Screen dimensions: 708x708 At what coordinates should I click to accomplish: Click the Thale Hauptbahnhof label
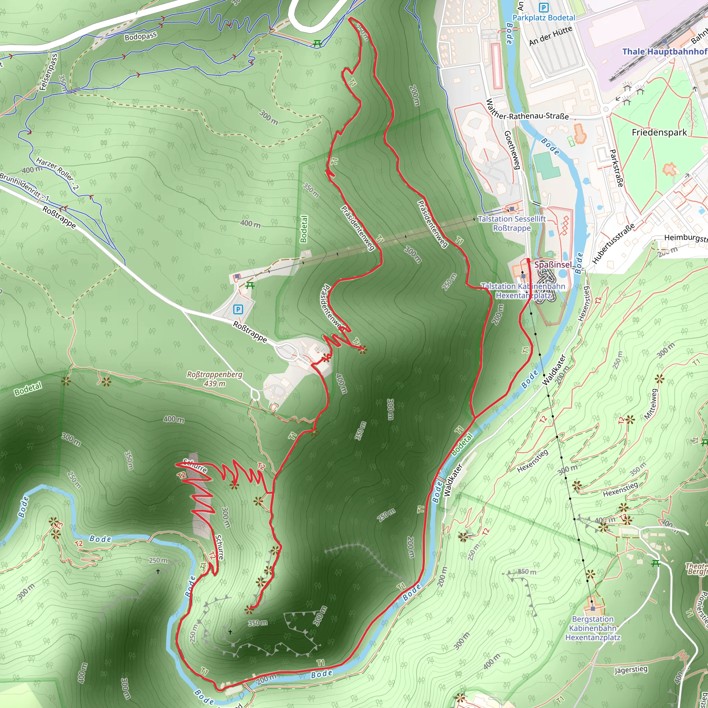tap(664, 51)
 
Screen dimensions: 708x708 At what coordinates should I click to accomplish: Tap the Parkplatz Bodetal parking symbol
tap(543, 7)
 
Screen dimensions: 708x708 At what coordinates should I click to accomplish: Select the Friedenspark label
tap(659, 132)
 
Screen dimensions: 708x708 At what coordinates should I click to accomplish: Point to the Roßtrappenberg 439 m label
tap(214, 379)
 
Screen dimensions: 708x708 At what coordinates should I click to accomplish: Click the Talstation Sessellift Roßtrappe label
tap(512, 223)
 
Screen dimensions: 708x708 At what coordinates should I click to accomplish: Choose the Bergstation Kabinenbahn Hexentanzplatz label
tap(593, 628)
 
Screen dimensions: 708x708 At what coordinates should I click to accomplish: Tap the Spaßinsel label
tap(553, 264)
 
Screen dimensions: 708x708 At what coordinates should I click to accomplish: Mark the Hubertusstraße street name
tap(613, 244)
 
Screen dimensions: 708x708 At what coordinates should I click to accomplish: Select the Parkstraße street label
tap(616, 168)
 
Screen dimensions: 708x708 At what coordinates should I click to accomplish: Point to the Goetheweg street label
tap(512, 150)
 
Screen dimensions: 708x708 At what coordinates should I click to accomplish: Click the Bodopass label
tap(140, 36)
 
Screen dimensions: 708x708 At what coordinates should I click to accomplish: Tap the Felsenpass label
tap(49, 72)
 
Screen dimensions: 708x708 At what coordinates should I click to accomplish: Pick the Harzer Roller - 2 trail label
tap(57, 173)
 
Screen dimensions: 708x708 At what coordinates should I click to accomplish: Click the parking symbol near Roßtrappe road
tap(238, 309)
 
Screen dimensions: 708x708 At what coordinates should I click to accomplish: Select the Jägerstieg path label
tap(630, 670)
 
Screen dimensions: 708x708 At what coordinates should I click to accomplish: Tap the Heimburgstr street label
tap(685, 238)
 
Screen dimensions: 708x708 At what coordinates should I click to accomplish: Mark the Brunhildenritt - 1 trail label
tap(24, 187)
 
